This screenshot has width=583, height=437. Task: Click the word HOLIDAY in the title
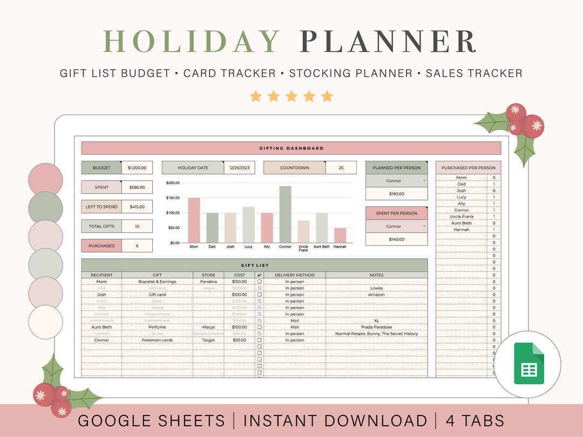(191, 42)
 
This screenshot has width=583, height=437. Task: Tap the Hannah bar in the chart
(340, 235)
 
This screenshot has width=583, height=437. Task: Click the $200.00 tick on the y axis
(173, 183)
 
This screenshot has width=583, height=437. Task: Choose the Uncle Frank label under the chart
(303, 248)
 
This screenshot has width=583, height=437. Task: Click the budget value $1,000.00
(137, 168)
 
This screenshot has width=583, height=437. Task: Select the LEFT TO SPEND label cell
(101, 207)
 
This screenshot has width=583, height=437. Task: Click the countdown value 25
(341, 168)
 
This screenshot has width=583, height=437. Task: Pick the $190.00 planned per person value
(396, 194)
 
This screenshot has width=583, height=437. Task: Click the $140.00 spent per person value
(396, 239)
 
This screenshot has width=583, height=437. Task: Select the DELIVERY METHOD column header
(294, 275)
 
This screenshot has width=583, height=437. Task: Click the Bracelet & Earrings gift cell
(157, 282)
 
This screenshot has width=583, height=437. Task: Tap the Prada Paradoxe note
(376, 327)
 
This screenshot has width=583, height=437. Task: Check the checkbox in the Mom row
(259, 282)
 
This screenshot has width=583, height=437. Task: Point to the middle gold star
(291, 97)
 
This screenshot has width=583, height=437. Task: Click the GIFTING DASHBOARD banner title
(291, 148)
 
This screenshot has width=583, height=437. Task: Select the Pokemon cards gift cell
(157, 340)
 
